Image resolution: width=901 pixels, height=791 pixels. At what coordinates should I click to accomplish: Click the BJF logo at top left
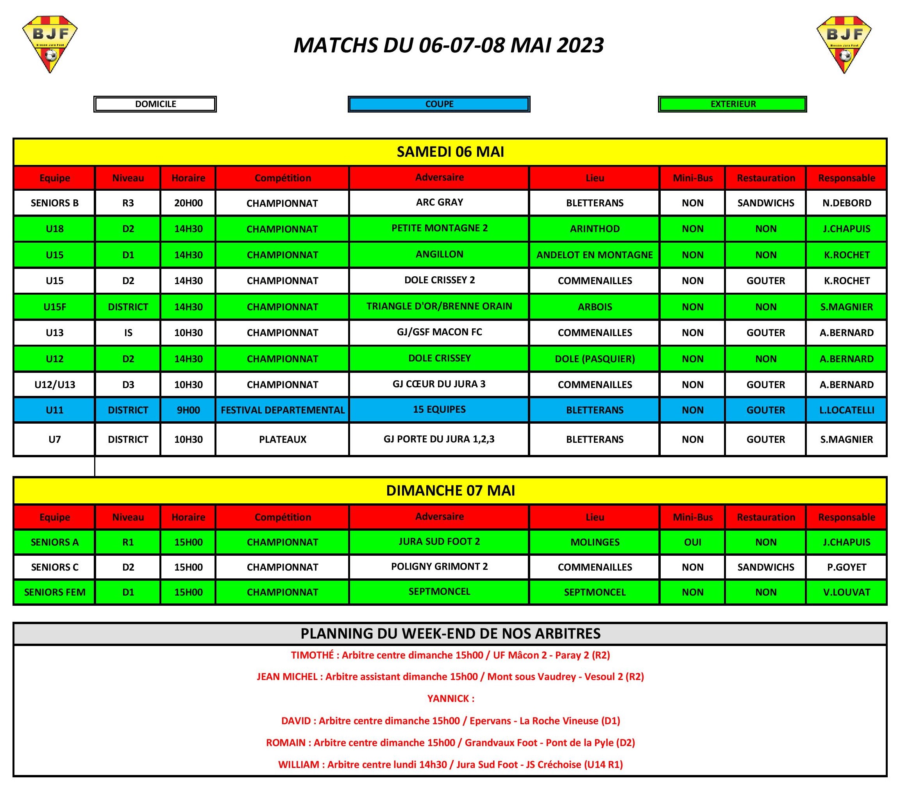click(x=50, y=44)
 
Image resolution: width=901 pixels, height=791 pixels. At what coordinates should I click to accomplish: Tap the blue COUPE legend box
click(x=439, y=104)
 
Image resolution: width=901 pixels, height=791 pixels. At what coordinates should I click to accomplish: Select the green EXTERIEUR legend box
click(x=733, y=104)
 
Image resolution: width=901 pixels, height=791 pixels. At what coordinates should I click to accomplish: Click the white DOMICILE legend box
click(x=155, y=104)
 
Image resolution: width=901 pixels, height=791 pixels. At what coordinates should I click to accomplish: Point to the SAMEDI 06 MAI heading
click(x=450, y=152)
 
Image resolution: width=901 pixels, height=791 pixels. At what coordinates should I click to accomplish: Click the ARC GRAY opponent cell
click(x=439, y=202)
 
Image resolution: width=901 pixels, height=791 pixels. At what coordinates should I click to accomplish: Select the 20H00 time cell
click(x=188, y=203)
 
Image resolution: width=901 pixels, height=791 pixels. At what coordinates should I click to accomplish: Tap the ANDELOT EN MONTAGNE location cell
click(x=594, y=255)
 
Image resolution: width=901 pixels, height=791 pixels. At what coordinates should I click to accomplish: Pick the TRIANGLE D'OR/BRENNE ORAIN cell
click(x=439, y=306)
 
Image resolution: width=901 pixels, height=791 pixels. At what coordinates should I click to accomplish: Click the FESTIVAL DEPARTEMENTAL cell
click(x=282, y=410)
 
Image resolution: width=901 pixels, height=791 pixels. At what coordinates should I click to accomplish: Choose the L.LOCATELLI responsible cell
click(x=846, y=410)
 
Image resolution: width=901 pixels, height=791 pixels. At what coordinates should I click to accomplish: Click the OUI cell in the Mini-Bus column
click(x=692, y=542)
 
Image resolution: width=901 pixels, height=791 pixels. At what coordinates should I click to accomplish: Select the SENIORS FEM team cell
click(x=55, y=592)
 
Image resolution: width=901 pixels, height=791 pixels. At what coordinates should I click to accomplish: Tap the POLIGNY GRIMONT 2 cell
click(x=439, y=567)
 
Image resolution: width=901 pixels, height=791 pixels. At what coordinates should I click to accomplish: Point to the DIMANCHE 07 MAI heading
click(x=450, y=491)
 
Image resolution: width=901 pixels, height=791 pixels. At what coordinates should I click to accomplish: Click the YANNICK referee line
click(x=450, y=698)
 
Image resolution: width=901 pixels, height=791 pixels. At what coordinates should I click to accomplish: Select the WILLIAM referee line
click(x=450, y=764)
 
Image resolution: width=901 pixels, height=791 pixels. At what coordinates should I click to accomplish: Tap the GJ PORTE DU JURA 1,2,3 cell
click(x=439, y=439)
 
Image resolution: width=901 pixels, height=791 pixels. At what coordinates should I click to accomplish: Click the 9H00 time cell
click(x=188, y=410)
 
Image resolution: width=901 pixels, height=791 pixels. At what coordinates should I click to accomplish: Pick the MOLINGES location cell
click(x=594, y=542)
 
